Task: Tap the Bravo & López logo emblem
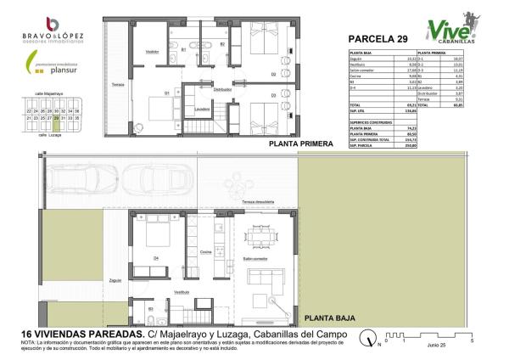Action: [53, 23]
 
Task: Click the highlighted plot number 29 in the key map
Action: [56, 118]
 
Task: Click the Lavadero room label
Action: [202, 109]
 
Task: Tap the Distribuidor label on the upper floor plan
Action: [221, 88]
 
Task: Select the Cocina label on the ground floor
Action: [205, 252]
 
